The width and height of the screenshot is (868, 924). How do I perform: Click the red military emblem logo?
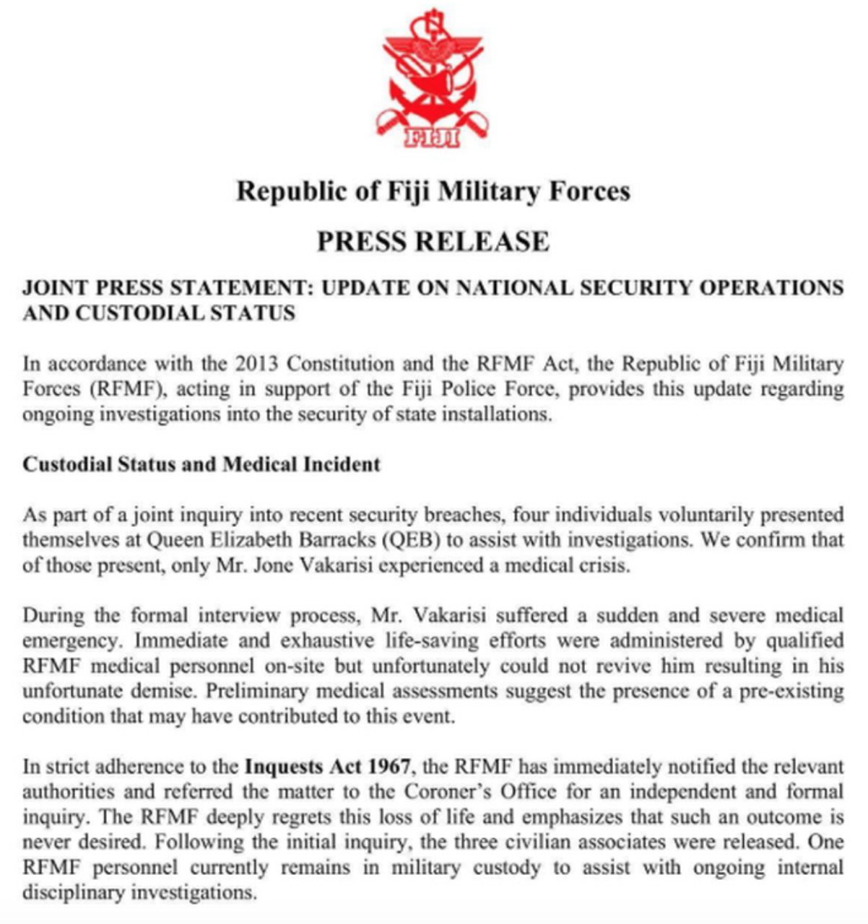click(433, 76)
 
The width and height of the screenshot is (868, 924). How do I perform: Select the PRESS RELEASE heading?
click(433, 241)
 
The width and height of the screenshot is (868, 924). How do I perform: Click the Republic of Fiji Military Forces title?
click(433, 191)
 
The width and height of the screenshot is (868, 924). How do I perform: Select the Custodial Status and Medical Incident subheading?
click(201, 463)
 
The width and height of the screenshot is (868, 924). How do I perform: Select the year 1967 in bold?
click(386, 766)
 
